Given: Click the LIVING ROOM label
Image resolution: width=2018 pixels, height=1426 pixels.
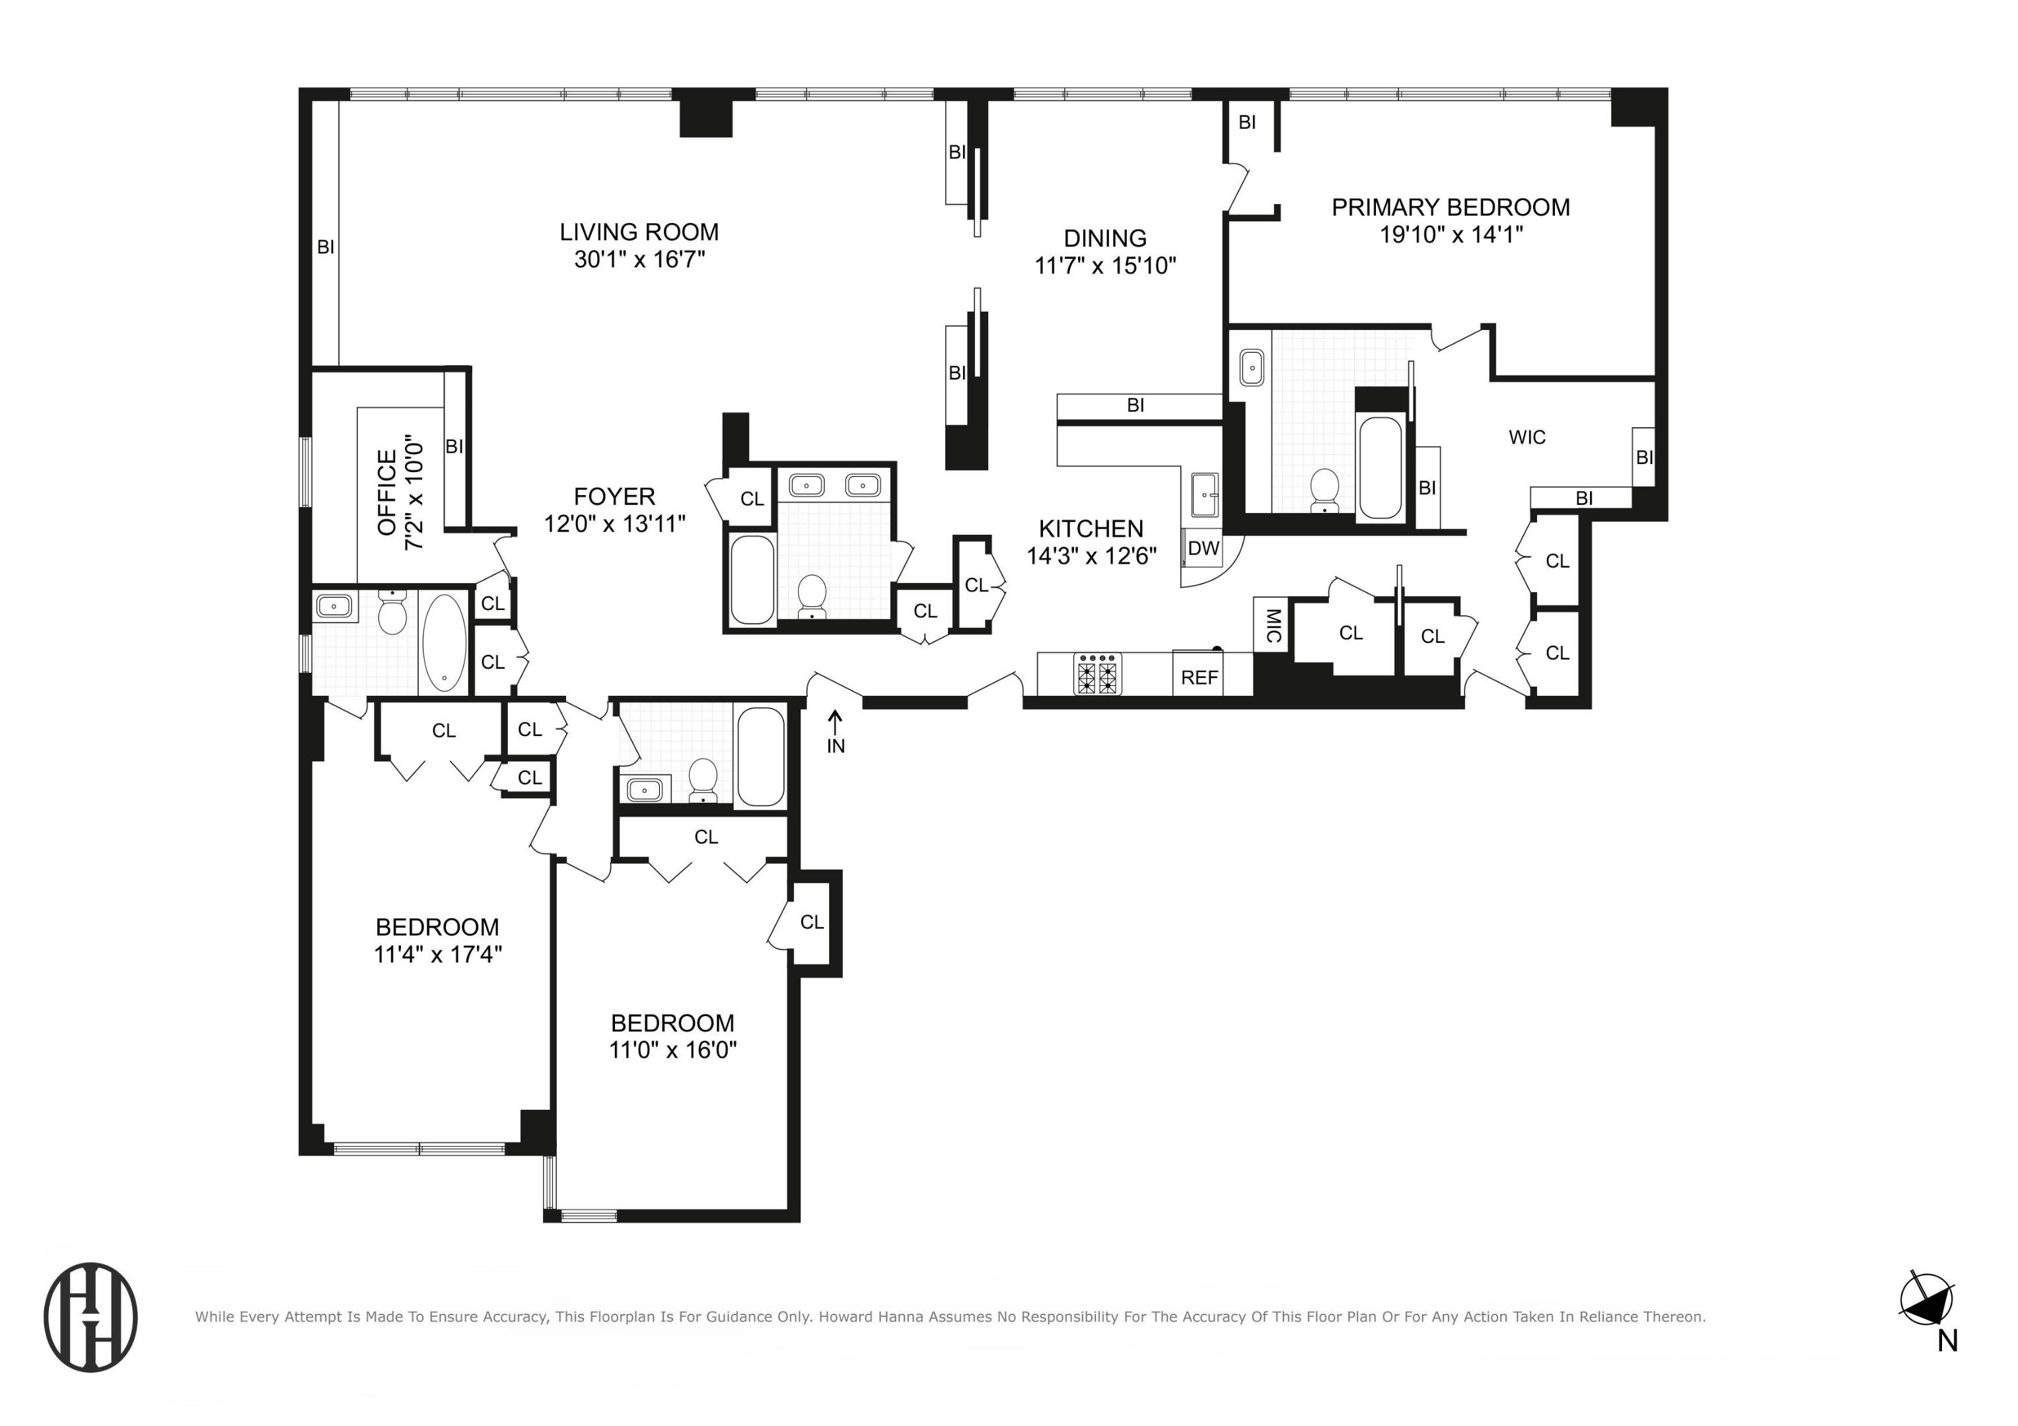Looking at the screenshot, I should click(x=639, y=232).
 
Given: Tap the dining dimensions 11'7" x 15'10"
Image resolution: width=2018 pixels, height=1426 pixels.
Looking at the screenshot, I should click(x=1105, y=265).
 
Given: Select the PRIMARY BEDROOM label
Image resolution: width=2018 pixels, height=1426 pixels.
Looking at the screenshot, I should click(x=1450, y=207).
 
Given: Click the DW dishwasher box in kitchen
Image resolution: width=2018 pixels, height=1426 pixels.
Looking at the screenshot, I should click(x=1204, y=548).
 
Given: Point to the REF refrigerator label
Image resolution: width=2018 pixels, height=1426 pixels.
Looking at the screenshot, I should click(x=1199, y=677).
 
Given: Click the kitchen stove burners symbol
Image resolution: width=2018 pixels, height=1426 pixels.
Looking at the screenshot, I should click(x=1098, y=674).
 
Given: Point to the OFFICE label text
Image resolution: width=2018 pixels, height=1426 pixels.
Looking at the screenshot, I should click(x=386, y=493).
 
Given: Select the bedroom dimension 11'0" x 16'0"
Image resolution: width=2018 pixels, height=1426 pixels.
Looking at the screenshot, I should click(x=672, y=1050).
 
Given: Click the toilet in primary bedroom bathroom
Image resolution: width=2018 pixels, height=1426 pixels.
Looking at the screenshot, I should click(x=1324, y=489).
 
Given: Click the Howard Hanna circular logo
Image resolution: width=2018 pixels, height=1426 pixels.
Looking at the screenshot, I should click(x=90, y=1316).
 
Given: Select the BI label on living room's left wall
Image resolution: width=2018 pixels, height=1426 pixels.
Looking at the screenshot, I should click(x=325, y=248).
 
